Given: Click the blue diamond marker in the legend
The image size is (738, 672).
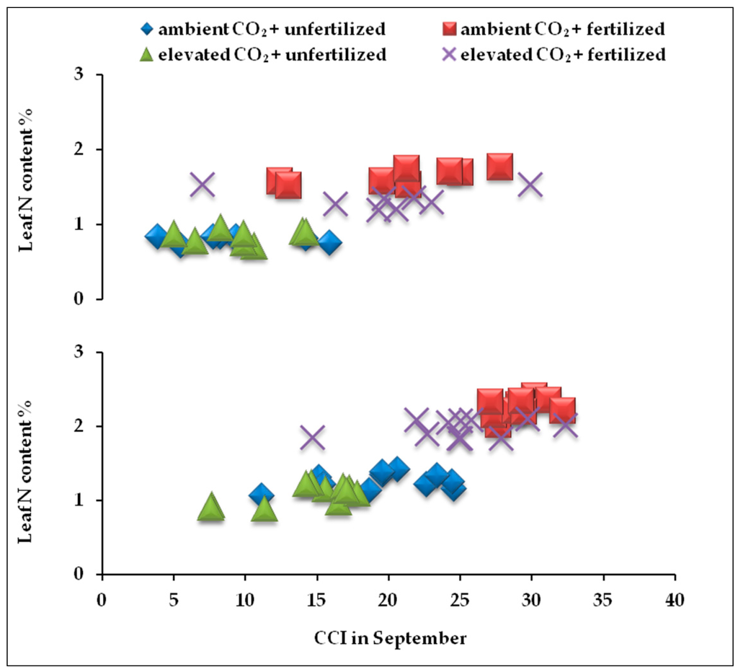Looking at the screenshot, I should click(x=147, y=30).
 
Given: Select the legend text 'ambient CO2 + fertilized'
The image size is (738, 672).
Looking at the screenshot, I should click(x=562, y=30).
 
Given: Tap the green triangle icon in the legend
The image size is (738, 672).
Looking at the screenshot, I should click(x=147, y=54).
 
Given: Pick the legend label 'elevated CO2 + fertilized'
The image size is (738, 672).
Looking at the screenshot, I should click(x=563, y=54).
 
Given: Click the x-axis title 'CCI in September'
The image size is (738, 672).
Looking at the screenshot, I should click(x=389, y=638).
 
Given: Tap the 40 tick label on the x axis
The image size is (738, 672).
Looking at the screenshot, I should click(x=675, y=601).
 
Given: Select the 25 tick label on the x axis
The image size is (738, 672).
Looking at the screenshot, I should click(x=460, y=601).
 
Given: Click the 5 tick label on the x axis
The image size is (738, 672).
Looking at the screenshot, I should click(x=173, y=601).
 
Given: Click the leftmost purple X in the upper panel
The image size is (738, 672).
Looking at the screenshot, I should click(x=203, y=185).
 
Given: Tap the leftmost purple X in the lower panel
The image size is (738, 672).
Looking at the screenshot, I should click(x=312, y=437).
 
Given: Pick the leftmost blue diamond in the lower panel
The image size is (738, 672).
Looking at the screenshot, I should click(x=261, y=495).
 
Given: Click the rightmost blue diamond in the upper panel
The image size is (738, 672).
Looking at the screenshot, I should click(x=329, y=242).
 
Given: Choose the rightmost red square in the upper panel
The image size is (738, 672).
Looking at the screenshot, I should click(x=499, y=167).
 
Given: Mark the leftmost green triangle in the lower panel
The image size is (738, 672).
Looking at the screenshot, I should click(x=210, y=507).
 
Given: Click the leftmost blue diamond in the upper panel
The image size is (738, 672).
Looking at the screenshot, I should click(x=157, y=236).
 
